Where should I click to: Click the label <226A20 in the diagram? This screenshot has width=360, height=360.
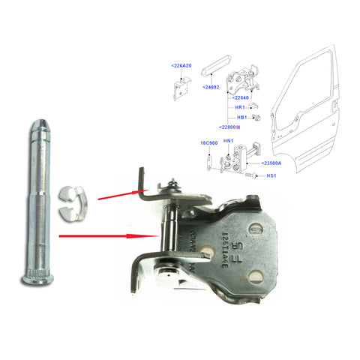point(181,65)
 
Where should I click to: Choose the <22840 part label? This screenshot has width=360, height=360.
point(243,97)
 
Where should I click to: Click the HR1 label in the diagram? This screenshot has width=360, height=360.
point(241,107)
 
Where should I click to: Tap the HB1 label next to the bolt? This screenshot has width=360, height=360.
point(241,118)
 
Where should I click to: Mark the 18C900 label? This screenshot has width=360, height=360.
point(208,142)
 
